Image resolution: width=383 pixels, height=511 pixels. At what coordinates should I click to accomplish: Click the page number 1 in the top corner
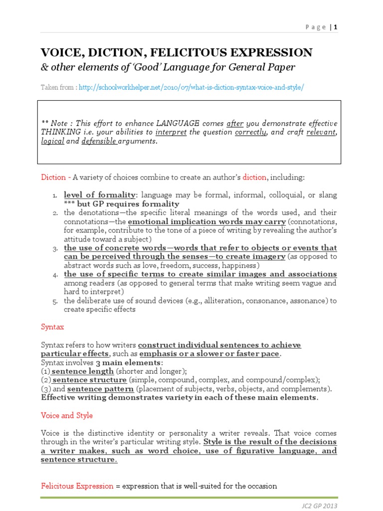(x=336, y=27)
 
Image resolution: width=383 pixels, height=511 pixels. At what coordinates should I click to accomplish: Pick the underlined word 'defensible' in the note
(x=99, y=141)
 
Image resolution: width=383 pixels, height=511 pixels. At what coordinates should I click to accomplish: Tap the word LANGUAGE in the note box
(x=179, y=123)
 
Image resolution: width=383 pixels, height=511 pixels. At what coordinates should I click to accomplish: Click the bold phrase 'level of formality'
(x=99, y=195)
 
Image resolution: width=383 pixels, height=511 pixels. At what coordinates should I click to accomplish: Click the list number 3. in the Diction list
(x=55, y=249)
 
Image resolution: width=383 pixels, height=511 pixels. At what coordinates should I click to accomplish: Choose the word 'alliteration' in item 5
(x=220, y=300)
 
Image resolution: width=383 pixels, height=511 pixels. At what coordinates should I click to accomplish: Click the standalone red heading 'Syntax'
(x=52, y=327)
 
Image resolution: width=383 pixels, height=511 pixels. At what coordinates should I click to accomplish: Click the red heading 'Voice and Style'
(x=66, y=415)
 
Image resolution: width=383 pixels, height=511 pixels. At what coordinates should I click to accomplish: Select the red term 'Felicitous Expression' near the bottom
(x=77, y=486)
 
